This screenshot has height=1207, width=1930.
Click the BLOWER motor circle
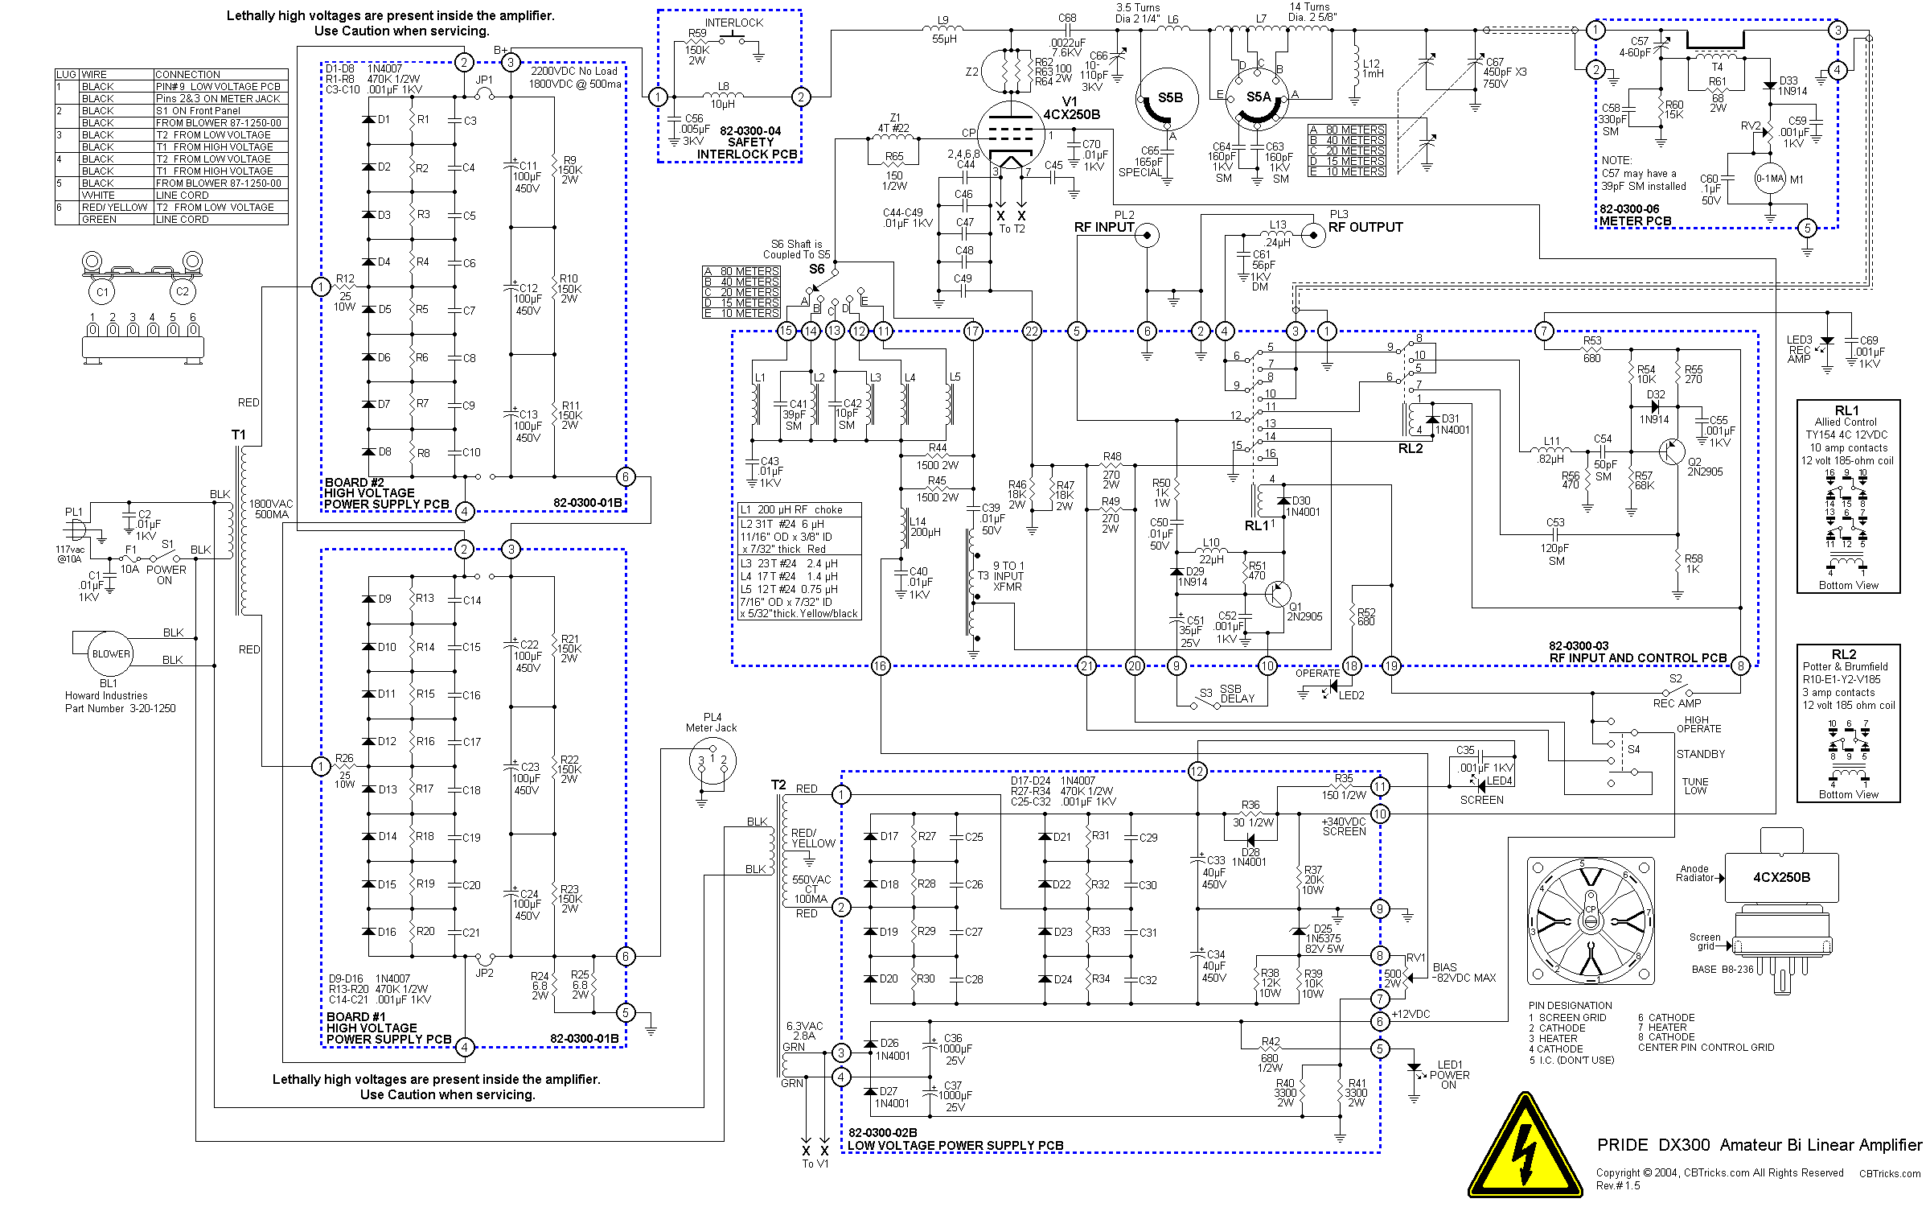tap(110, 653)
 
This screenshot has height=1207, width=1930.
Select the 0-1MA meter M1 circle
tap(1770, 179)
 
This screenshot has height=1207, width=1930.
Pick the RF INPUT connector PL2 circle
tap(1148, 236)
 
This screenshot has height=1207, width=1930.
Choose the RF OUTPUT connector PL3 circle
tap(1313, 235)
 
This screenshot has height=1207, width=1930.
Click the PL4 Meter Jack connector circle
tap(712, 760)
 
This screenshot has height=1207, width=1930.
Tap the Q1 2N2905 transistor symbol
tap(1276, 595)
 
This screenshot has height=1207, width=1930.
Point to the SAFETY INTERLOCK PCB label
tap(747, 148)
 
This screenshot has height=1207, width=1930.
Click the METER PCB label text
tap(1635, 221)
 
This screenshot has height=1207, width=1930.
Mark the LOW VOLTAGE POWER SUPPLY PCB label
tap(955, 1145)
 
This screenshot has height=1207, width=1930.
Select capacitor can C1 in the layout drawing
tap(102, 291)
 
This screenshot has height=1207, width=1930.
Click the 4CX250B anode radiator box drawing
tap(1781, 877)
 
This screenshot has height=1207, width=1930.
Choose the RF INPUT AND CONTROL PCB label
tap(1637, 658)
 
